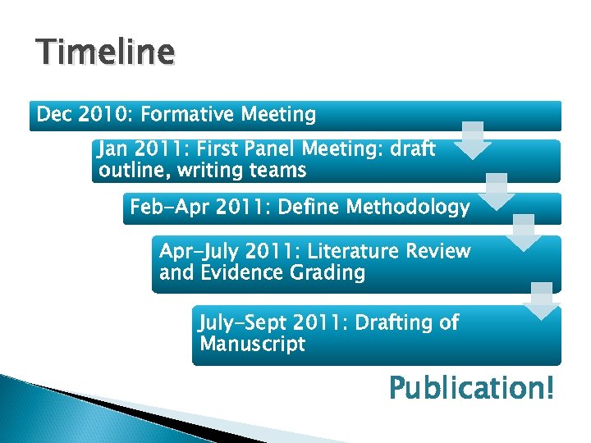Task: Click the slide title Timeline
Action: coord(105,53)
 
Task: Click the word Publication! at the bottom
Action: coord(471,387)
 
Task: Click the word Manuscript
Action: coord(252,344)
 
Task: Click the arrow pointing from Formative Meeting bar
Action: coord(471,141)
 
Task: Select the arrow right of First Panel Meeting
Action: coord(496,191)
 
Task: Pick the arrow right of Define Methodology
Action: coord(523,233)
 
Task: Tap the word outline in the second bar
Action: coord(131,171)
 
